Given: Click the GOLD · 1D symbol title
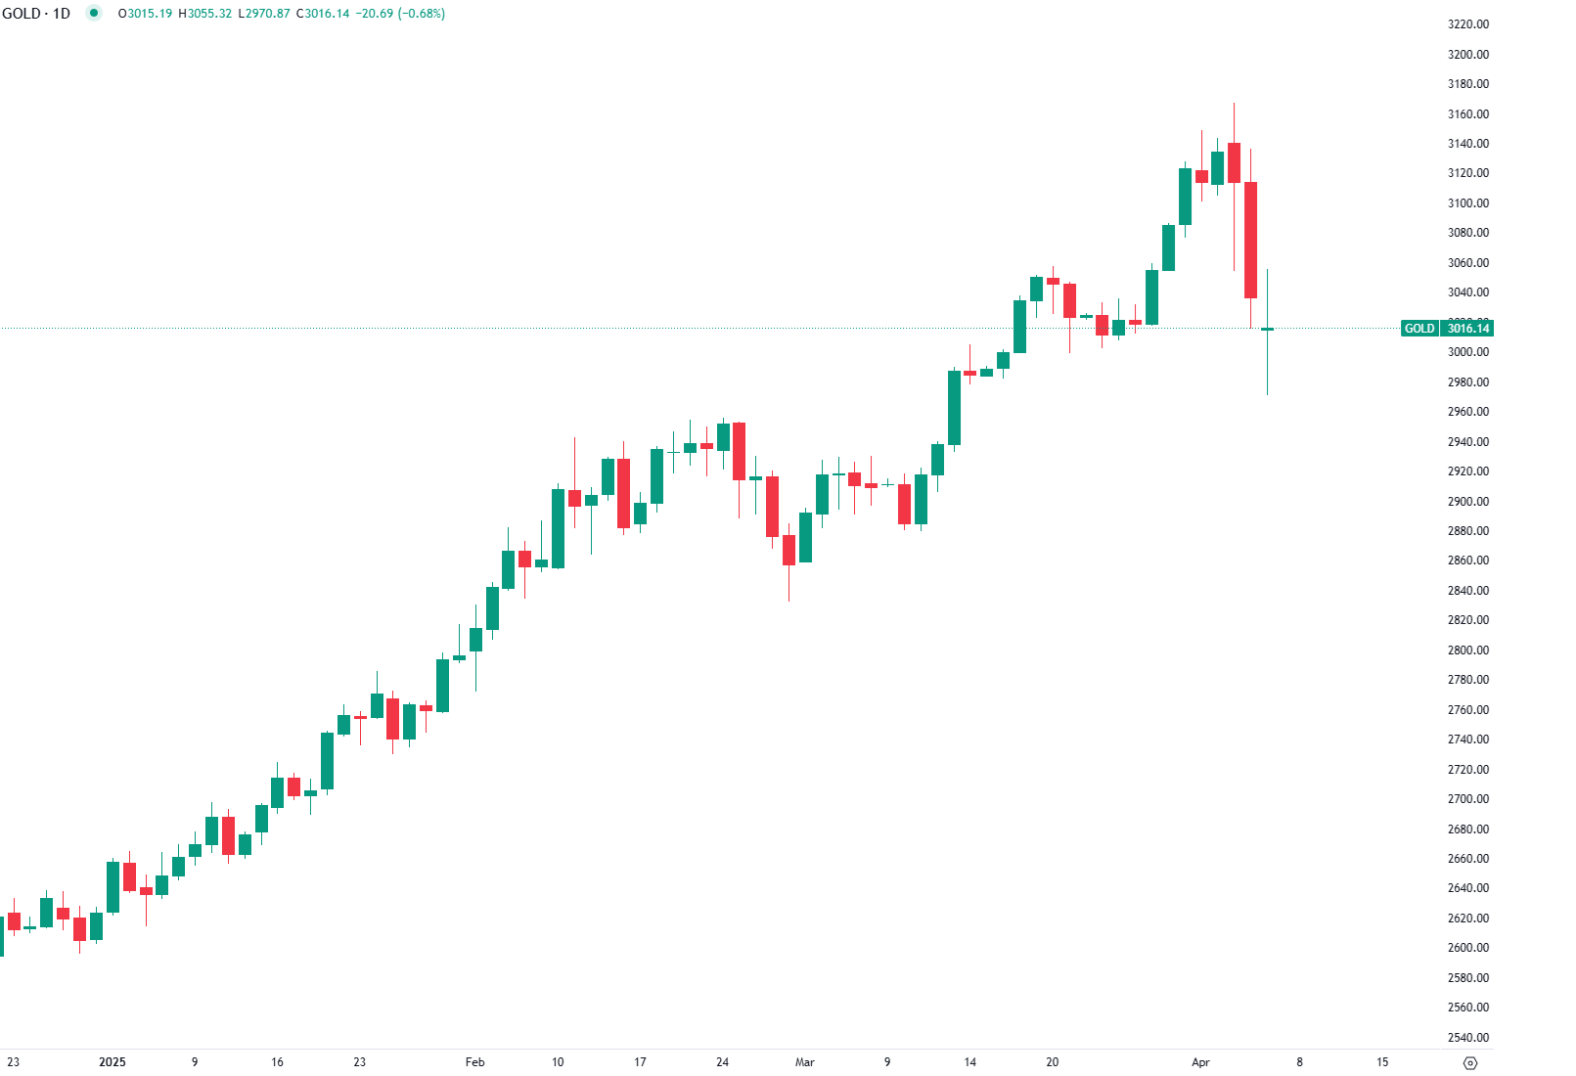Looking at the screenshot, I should (x=36, y=14).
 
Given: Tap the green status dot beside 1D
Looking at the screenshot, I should (x=94, y=14).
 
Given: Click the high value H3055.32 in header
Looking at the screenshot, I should (x=205, y=14).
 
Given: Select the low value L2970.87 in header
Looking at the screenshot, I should (x=264, y=14).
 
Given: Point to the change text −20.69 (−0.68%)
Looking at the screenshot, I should (x=401, y=14).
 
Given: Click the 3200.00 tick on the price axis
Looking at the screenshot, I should (x=1467, y=54).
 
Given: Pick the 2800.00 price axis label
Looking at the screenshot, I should (x=1467, y=650).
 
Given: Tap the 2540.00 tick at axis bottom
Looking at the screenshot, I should (x=1467, y=1037).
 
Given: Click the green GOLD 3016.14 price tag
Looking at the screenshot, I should (x=1447, y=329).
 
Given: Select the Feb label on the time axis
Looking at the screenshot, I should (x=474, y=1062).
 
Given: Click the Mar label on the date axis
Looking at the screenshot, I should (x=804, y=1062).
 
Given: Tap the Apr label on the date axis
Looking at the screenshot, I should (x=1200, y=1062).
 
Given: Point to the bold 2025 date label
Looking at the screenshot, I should (x=113, y=1062).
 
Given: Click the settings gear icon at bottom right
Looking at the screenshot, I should (x=1469, y=1063).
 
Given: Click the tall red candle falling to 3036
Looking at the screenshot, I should (x=1250, y=240).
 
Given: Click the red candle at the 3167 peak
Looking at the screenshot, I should (x=1234, y=162).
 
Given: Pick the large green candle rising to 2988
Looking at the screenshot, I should (x=954, y=408).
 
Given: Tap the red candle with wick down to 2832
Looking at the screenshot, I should (x=788, y=550).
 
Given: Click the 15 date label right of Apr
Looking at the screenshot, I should (x=1381, y=1062).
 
